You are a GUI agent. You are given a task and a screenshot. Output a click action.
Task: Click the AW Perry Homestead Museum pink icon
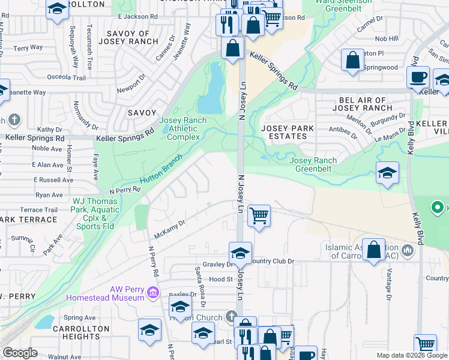pos(152,293)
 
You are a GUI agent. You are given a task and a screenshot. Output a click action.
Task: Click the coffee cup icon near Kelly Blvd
pos(418,77)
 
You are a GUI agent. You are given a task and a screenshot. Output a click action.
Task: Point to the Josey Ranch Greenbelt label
pos(313,164)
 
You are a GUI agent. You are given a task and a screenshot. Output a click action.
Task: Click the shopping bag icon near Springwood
pos(352,60)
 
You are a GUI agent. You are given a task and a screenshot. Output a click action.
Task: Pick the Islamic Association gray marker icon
pos(409,250)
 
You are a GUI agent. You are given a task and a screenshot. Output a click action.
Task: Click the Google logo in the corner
pos(20,353)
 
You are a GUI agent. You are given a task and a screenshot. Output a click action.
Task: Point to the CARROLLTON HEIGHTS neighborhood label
pos(80,333)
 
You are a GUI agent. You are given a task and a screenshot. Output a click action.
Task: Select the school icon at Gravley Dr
pos(240,253)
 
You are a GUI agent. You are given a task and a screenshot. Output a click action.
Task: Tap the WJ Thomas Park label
pos(95,206)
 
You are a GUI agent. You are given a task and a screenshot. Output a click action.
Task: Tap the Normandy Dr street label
pos(86,116)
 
